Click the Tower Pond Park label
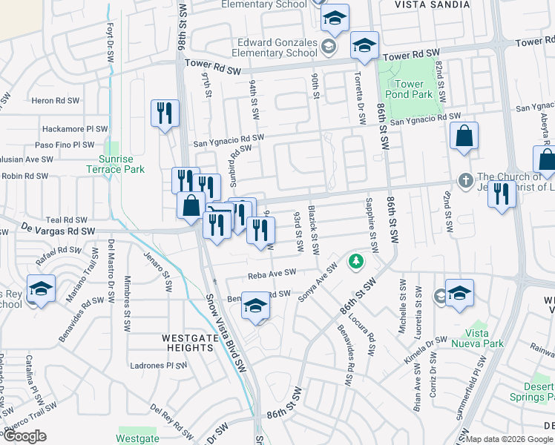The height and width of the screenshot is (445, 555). pyautogui.click(x=409, y=89)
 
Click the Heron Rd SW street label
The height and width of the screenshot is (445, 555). pyautogui.click(x=50, y=99)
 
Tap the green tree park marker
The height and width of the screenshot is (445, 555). pyautogui.click(x=357, y=261)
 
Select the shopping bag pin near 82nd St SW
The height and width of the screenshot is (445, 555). pyautogui.click(x=464, y=136)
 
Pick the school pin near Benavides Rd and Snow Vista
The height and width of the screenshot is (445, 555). pyautogui.click(x=256, y=305)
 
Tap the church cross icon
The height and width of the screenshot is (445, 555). pyautogui.click(x=465, y=180)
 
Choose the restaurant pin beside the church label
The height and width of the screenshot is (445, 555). pyautogui.click(x=502, y=194)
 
